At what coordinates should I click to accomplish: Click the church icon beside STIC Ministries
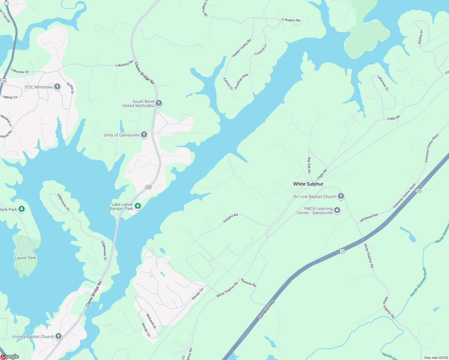57,87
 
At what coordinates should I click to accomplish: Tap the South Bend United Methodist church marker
159,103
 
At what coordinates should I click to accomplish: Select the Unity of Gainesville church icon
144,135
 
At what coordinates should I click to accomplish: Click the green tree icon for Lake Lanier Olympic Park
138,206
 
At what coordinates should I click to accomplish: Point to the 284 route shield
148,187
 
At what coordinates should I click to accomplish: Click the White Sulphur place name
308,184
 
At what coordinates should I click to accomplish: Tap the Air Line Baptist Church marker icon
341,196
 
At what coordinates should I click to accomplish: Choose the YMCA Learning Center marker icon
337,210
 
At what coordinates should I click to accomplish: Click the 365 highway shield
418,191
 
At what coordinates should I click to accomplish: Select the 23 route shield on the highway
342,251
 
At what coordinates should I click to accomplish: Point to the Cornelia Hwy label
267,310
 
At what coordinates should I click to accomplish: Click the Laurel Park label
26,258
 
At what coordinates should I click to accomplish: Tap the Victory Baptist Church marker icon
59,336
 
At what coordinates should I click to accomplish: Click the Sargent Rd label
230,218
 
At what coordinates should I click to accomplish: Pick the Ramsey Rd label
249,283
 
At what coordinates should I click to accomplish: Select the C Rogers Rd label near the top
291,20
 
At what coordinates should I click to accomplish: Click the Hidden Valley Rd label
241,48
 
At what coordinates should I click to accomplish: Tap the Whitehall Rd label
369,218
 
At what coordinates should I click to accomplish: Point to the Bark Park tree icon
22,209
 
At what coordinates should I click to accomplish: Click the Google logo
10,356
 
